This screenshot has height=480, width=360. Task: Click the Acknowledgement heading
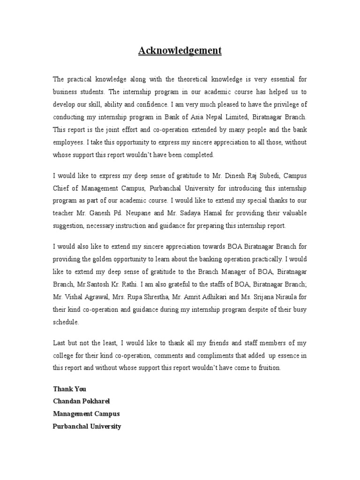coord(180,51)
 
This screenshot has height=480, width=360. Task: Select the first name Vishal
coord(75,297)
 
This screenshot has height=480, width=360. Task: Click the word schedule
coord(66,322)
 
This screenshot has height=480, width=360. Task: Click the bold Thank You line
coord(69,389)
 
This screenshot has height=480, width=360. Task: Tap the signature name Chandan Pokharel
coord(82,401)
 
